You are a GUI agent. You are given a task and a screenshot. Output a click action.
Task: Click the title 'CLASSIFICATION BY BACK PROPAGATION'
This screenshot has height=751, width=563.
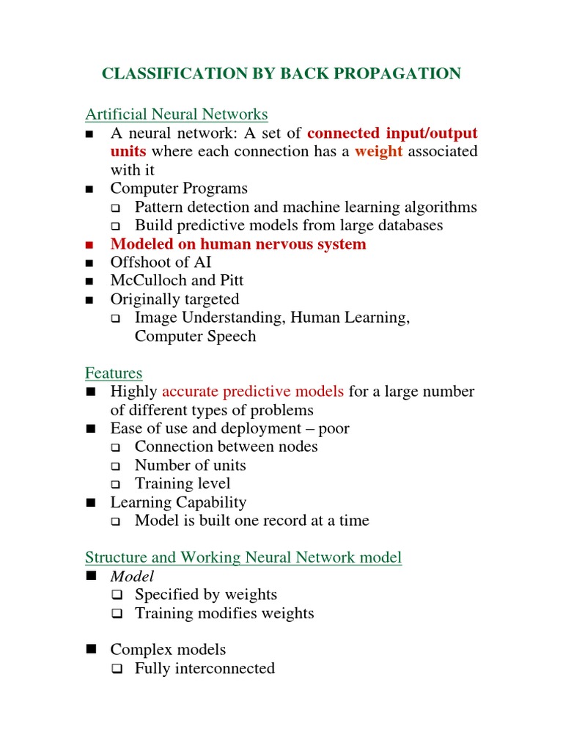coord(281,73)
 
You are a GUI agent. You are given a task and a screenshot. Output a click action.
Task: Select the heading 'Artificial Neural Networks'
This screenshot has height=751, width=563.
coord(177,114)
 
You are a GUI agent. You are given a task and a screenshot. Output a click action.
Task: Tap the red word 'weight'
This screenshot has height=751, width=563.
coord(379,151)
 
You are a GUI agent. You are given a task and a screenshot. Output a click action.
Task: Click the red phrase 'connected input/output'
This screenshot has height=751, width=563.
coord(392,133)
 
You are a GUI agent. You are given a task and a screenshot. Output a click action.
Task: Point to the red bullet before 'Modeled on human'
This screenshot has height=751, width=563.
coord(90,245)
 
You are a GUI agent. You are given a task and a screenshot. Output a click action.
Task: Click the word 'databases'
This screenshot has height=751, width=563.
coord(408,226)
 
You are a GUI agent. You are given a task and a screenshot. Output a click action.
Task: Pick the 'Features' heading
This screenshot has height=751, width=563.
coord(114,373)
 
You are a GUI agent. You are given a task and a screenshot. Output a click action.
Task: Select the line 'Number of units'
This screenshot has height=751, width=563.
coord(190,465)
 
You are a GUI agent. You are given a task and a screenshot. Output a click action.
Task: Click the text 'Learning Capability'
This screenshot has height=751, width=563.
coord(178,502)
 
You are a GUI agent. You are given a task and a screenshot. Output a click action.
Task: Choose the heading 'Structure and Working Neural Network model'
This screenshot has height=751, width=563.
coord(243,557)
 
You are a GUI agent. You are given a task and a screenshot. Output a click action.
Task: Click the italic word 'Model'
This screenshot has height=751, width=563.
coord(132,576)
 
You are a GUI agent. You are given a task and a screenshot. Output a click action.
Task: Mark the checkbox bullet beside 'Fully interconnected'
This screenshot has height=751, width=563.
coord(115,669)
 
